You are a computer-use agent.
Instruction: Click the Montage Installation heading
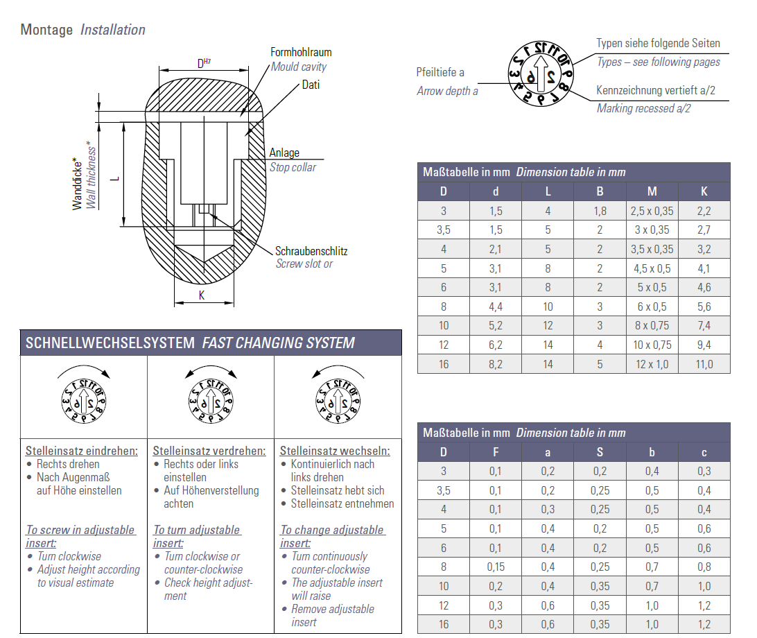tap(83, 30)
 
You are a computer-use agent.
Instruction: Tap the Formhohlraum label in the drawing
tap(301, 52)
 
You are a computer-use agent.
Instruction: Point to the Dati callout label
tap(311, 85)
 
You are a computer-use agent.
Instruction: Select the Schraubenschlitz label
tap(311, 251)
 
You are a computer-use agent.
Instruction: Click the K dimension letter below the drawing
tap(202, 295)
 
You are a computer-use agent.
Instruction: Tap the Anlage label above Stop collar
tap(284, 153)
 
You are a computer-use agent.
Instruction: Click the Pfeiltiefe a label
tap(440, 72)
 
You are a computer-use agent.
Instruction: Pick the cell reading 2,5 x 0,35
tap(652, 211)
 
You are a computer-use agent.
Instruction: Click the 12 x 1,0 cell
tap(652, 364)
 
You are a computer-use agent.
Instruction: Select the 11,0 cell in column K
tap(704, 364)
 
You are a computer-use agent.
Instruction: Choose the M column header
tap(652, 191)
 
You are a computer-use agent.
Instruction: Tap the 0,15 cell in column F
tap(496, 567)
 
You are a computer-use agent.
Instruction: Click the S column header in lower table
tap(600, 452)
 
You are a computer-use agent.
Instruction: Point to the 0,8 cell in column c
tap(704, 567)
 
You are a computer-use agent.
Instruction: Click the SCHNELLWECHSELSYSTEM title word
tap(111, 343)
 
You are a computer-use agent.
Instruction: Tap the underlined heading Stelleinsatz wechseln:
tap(335, 451)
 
